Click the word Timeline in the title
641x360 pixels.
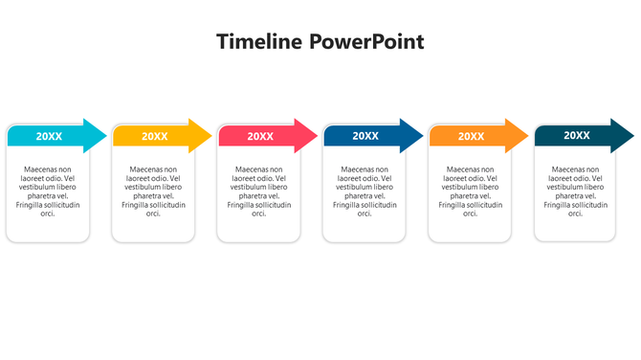pos(259,42)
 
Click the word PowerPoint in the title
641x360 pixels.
pos(366,42)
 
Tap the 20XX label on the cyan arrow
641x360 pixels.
pos(49,136)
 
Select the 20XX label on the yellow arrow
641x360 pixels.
pos(154,136)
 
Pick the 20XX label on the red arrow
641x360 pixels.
pos(260,136)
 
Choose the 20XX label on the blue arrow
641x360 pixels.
pos(365,136)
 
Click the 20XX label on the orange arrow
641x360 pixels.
pos(471,136)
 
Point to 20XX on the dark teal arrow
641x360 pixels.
pos(577,136)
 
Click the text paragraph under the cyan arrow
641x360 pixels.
pos(48,191)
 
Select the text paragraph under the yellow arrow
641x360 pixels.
pos(153,191)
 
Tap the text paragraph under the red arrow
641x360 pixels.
pos(259,191)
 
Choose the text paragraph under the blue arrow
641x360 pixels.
pos(365,191)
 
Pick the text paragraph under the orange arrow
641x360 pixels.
pos(470,191)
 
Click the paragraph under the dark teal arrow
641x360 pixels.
pos(576,191)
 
